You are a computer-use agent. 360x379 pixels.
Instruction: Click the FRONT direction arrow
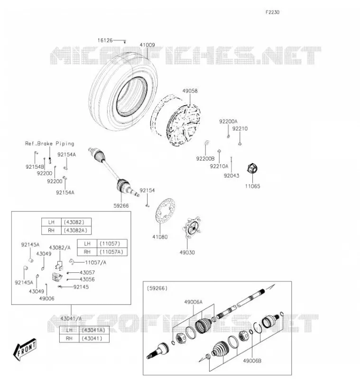coord(25,349)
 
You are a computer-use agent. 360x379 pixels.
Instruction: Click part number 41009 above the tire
coord(147,45)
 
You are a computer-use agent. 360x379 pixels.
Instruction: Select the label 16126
coord(105,40)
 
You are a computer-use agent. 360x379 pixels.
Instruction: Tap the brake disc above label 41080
coord(165,211)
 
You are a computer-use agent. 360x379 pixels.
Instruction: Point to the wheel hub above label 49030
coord(192,227)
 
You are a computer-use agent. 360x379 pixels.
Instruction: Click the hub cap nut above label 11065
coord(252,169)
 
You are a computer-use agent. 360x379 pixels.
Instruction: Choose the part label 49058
coord(190,91)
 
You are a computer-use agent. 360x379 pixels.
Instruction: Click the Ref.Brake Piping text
coord(50,144)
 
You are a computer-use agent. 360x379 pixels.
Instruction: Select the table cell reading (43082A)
coord(75,230)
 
